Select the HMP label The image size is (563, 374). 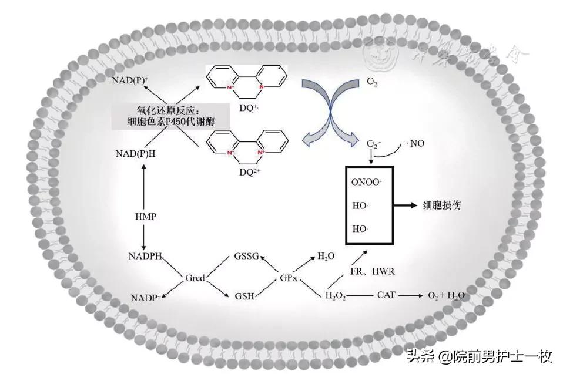pyautogui.click(x=144, y=217)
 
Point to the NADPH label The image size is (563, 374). pyautogui.click(x=145, y=257)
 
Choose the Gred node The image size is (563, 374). pyautogui.click(x=195, y=277)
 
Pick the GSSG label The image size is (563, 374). pyautogui.click(x=246, y=257)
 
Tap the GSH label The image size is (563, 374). pyautogui.click(x=244, y=296)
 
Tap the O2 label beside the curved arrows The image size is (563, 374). pyautogui.click(x=372, y=83)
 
